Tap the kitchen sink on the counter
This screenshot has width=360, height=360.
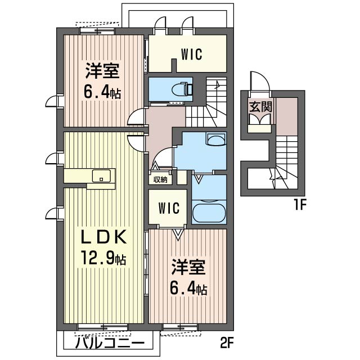pos(101,175)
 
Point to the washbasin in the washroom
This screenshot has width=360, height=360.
pos(216,139)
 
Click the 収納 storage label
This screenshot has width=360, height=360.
pos(160,180)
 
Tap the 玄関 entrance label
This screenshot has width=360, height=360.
pos(260,107)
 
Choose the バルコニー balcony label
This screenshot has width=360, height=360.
pos(110,343)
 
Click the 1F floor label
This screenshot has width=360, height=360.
pos(300,205)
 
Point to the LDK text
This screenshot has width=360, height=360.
pos(103,236)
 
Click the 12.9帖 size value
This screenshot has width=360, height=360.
pos(103,258)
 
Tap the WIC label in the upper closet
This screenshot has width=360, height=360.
pos(192,54)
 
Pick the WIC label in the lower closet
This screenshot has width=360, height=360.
pos(169,208)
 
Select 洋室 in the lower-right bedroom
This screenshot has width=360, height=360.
pos(188,267)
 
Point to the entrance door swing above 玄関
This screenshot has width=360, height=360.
pos(260,81)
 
